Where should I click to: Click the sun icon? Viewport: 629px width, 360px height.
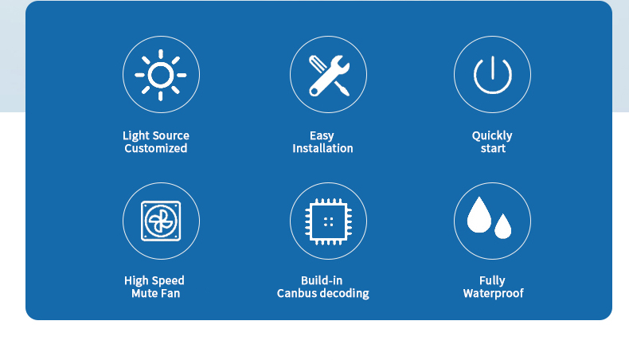[x=161, y=75]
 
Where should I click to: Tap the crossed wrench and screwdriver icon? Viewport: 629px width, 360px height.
[x=329, y=76]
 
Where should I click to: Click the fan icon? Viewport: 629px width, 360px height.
[x=161, y=221]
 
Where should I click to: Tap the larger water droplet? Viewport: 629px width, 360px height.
[x=479, y=215]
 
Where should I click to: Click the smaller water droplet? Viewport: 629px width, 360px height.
[x=503, y=226]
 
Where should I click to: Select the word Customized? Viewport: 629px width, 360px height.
[x=155, y=148]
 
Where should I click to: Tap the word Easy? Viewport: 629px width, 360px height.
[x=322, y=136]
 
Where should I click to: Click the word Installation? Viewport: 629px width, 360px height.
[x=322, y=148]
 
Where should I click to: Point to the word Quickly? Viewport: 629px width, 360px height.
[x=492, y=136]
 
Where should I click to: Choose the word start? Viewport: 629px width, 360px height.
[x=493, y=149]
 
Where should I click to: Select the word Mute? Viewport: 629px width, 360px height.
[x=143, y=293]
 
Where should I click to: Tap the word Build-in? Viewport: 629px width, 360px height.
[x=322, y=280]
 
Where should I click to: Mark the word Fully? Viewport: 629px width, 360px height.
[x=492, y=281]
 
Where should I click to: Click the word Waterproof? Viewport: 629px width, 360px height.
[x=494, y=294]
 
